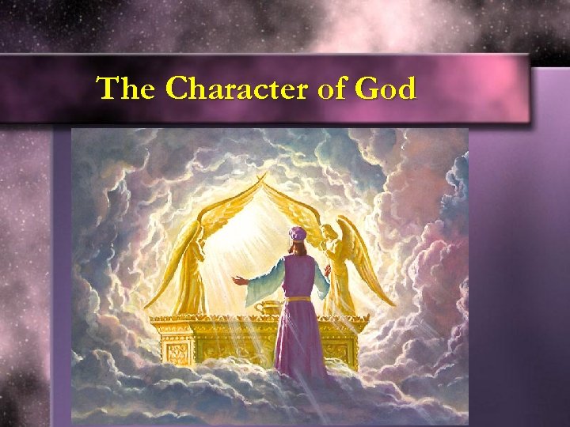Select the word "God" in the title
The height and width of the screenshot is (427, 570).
(386, 89)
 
